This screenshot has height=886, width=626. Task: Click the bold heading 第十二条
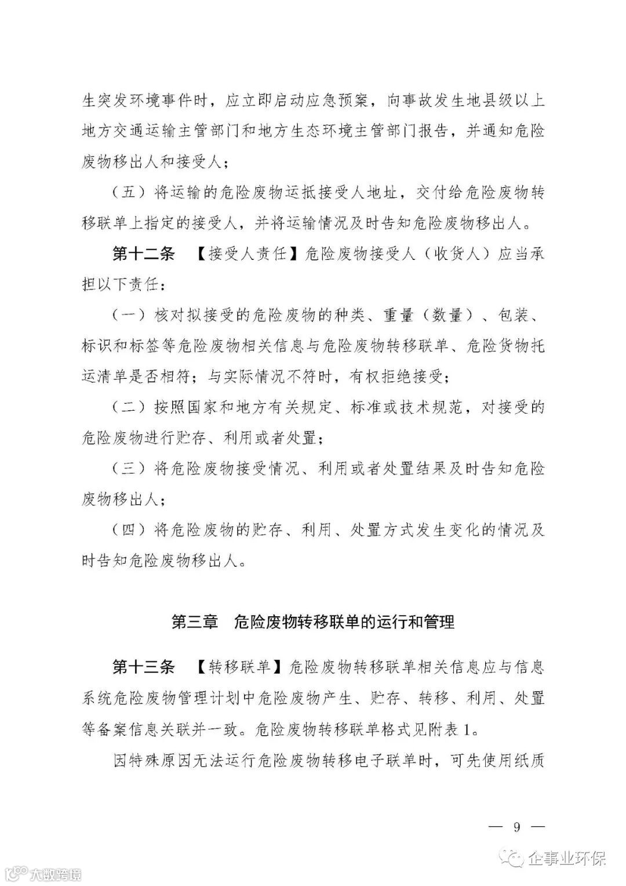pos(143,254)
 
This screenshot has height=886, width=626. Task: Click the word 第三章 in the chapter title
pos(195,622)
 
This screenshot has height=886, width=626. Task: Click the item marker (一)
pos(129,316)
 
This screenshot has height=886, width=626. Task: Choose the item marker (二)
pos(129,408)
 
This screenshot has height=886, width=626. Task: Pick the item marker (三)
pos(129,469)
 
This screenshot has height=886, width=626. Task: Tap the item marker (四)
pos(129,530)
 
